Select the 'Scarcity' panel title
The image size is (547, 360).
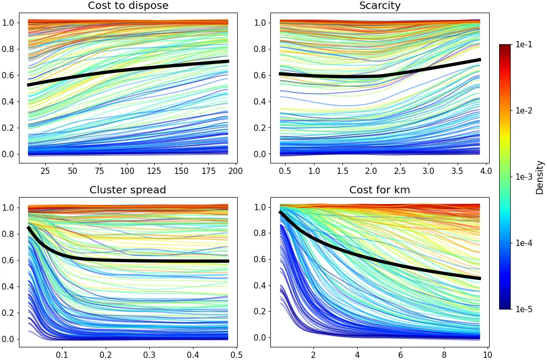tap(379, 6)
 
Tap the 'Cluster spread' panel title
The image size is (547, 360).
tap(127, 190)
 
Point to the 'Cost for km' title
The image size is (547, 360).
tap(379, 190)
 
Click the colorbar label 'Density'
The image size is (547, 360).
tap(540, 178)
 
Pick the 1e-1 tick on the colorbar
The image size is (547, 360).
tap(523, 45)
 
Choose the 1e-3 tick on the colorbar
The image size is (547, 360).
tap(523, 177)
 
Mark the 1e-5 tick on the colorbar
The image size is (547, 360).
tap(523, 309)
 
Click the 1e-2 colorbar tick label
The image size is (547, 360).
tap(523, 111)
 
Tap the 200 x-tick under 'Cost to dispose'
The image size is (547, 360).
tap(235, 171)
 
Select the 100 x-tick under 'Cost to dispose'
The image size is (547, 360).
tap(127, 171)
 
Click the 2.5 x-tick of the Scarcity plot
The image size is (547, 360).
tap(400, 171)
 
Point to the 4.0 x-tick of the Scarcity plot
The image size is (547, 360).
tap(485, 171)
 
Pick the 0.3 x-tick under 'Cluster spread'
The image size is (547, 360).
tap(149, 355)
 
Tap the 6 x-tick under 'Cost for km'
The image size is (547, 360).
tap(401, 355)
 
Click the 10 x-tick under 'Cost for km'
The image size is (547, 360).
tap(487, 355)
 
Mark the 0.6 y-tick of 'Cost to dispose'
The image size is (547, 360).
tap(10, 75)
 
